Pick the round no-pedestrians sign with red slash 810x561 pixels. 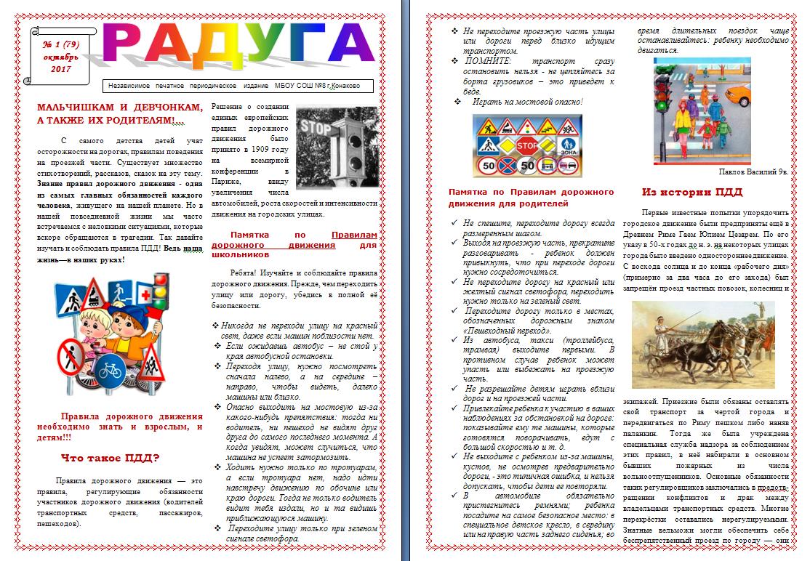click(x=71, y=358)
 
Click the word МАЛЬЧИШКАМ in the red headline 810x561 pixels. click(x=76, y=107)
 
